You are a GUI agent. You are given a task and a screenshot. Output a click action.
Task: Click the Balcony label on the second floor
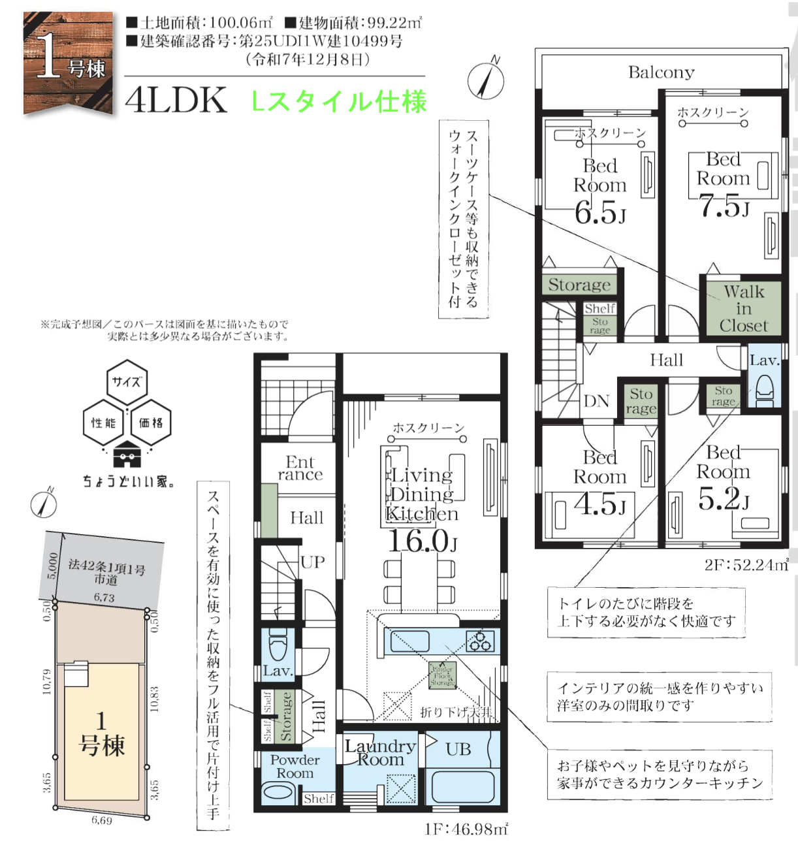click(x=661, y=72)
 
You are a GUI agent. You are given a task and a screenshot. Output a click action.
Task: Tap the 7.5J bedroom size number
click(x=724, y=206)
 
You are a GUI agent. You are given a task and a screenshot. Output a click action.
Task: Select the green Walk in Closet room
click(x=743, y=308)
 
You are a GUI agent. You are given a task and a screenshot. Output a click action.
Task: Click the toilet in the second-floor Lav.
click(x=764, y=389)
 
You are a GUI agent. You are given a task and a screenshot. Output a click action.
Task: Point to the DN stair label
click(x=596, y=401)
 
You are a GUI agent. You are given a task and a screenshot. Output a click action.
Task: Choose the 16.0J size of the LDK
click(x=422, y=541)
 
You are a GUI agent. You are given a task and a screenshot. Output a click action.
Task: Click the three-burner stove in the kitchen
click(x=480, y=641)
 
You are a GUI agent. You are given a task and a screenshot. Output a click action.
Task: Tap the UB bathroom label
click(x=458, y=750)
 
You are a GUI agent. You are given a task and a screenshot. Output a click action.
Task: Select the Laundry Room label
click(x=380, y=752)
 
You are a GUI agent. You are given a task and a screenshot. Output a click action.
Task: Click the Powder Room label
click(x=295, y=766)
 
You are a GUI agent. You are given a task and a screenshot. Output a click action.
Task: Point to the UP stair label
click(x=313, y=562)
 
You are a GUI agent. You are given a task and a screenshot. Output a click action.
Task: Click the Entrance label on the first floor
click(x=300, y=468)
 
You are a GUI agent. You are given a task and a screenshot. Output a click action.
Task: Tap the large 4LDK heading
click(x=176, y=101)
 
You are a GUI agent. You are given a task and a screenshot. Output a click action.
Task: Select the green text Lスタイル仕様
click(x=339, y=102)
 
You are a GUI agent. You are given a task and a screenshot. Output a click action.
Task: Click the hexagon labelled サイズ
click(x=127, y=382)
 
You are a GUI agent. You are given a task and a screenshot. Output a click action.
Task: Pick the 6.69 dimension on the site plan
click(x=102, y=820)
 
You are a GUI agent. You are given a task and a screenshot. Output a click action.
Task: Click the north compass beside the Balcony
click(x=487, y=82)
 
